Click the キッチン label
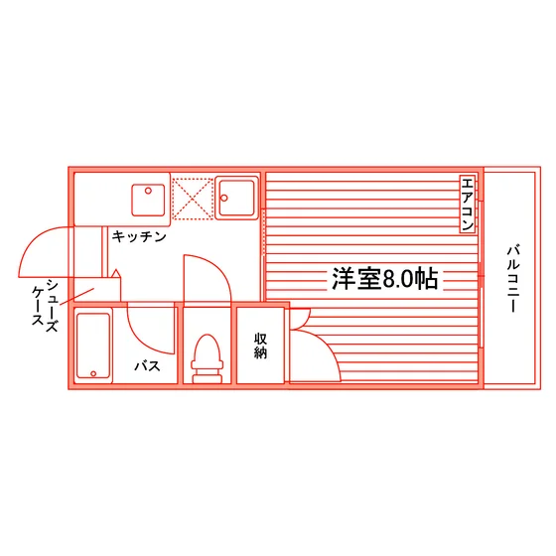[139, 236]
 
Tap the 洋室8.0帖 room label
[385, 278]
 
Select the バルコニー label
[513, 278]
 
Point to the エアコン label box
[468, 204]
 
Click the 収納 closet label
[260, 347]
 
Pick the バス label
[147, 365]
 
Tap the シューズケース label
[45, 306]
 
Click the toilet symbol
[208, 358]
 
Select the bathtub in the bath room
[93, 346]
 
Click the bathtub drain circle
[93, 373]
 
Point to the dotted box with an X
[193, 199]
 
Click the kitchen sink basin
[236, 198]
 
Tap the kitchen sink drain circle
[224, 198]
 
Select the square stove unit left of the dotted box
[148, 200]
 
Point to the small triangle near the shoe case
[116, 273]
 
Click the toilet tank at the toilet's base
[208, 378]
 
